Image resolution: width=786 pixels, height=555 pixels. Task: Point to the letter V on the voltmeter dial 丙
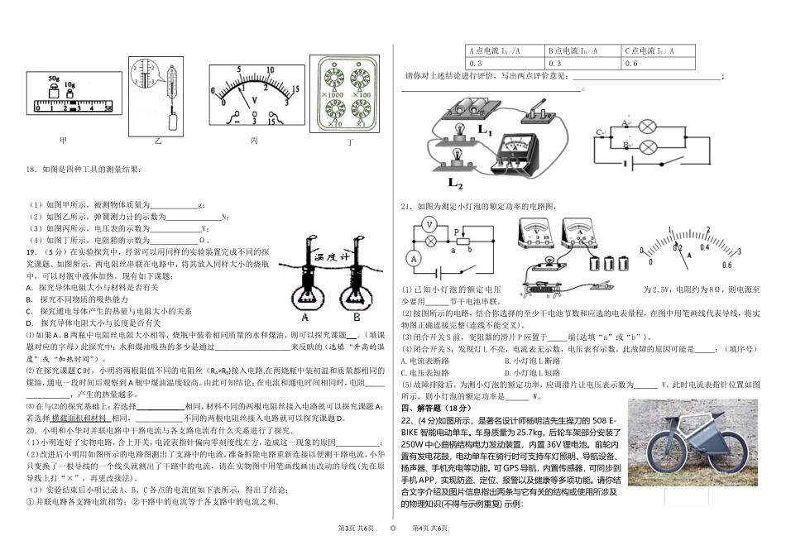pos(254,100)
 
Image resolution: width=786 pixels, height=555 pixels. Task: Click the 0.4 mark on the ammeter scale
pos(706,246)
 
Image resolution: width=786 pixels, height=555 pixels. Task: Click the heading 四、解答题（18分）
pos(436,409)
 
